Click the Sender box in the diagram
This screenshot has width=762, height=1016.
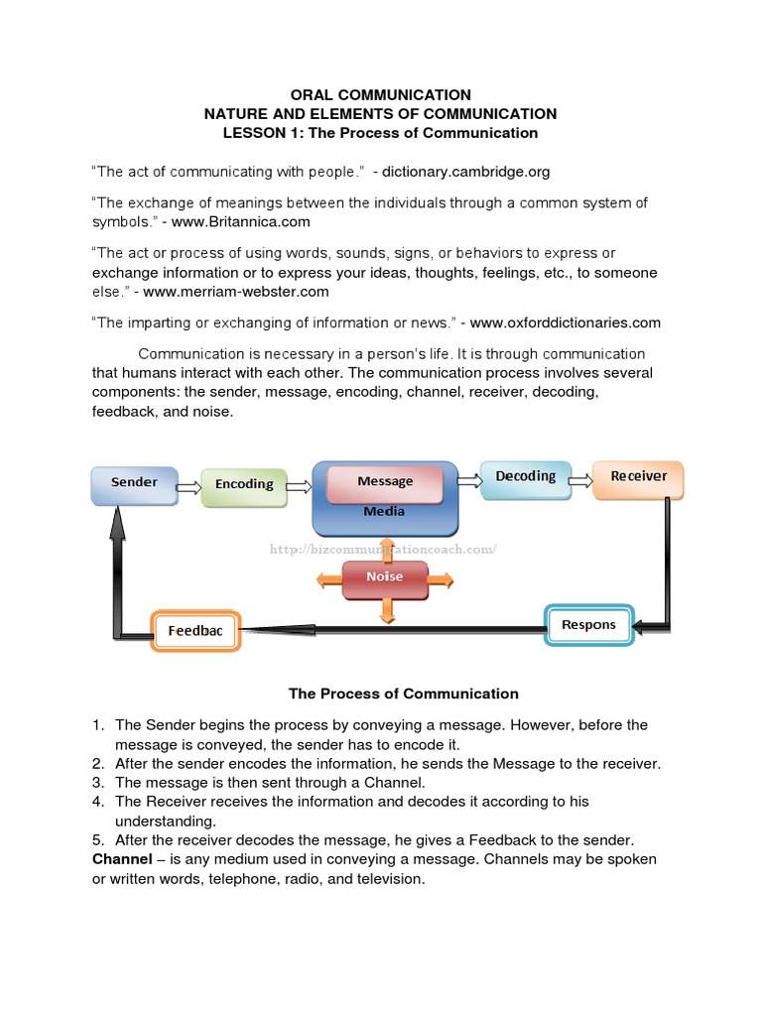coord(134,483)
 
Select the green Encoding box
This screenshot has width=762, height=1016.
coord(244,484)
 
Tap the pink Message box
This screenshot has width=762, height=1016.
coord(385,481)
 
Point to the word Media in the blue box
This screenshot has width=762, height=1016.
coord(384,512)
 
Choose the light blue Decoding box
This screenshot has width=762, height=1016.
coord(526,477)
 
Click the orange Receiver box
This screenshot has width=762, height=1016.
coord(638,477)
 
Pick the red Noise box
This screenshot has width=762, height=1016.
coord(384,576)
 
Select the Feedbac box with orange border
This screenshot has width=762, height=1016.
coord(195,630)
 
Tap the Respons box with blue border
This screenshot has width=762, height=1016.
coord(589,624)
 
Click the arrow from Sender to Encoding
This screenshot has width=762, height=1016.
coord(189,484)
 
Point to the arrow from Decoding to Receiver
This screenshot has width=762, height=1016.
coord(581,477)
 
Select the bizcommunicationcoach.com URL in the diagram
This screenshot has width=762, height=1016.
coord(383,549)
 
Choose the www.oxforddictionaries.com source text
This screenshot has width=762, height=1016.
coord(565,322)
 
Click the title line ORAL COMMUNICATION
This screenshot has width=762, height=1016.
coord(380,95)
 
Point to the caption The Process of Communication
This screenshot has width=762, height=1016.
coord(403,694)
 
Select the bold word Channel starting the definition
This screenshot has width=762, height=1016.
coord(122,858)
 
